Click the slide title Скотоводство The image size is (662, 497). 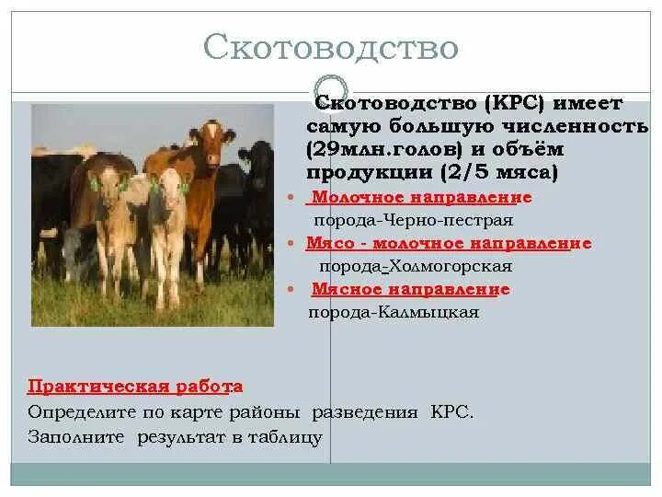(x=330, y=46)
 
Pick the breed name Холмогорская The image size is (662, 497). (x=451, y=266)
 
